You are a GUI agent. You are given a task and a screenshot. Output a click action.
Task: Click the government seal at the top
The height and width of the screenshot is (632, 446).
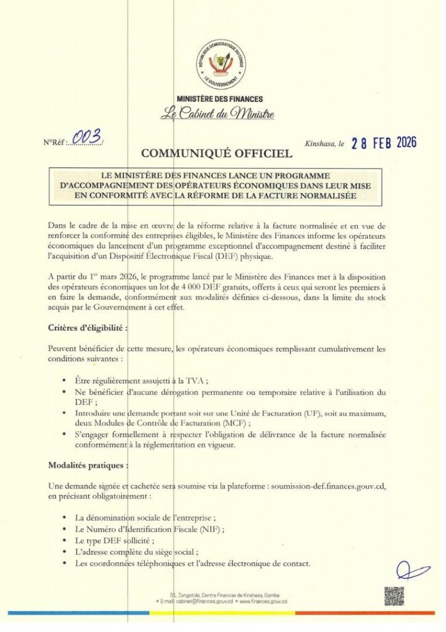[221, 65]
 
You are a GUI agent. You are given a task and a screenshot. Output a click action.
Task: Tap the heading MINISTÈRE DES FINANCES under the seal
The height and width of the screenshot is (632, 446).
[220, 99]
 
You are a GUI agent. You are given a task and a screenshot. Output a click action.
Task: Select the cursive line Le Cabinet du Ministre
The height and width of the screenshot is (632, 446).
[217, 114]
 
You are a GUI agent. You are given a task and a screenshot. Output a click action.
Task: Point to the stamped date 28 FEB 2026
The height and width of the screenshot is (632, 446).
[384, 143]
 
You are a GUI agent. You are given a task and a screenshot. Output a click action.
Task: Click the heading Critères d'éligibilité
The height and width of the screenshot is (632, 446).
[89, 328]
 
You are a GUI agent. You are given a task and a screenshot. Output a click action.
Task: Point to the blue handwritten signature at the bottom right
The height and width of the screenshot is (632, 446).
[412, 570]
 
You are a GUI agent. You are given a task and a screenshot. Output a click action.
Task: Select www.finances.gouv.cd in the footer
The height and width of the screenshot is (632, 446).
[265, 601]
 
